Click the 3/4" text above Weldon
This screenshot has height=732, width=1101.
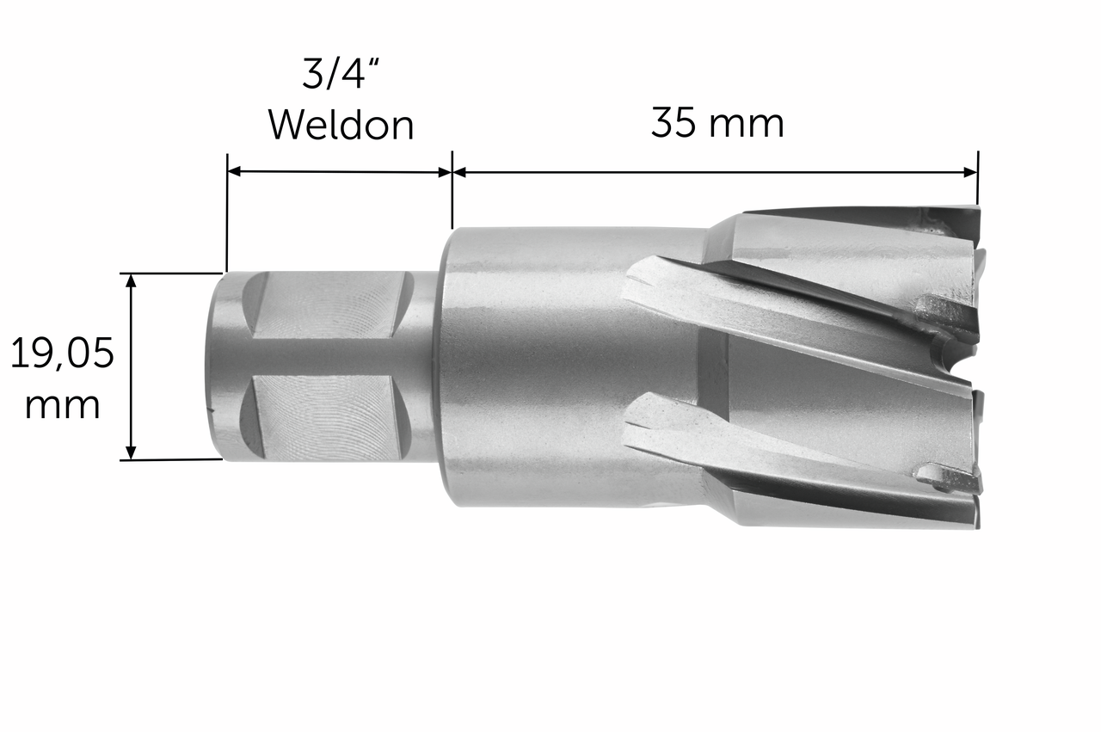[x=341, y=75]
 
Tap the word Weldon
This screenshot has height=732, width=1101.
[x=341, y=126]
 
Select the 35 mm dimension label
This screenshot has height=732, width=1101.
[x=717, y=123]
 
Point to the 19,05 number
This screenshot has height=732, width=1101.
[x=62, y=354]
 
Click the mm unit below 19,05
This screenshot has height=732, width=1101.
[x=62, y=404]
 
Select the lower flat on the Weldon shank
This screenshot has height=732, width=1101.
[x=323, y=416]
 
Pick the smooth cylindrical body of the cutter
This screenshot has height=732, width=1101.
[x=533, y=361]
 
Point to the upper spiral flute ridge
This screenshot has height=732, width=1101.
[x=774, y=310]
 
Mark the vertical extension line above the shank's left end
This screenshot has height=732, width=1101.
[x=227, y=215]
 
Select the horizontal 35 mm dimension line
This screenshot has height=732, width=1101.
[x=714, y=172]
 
